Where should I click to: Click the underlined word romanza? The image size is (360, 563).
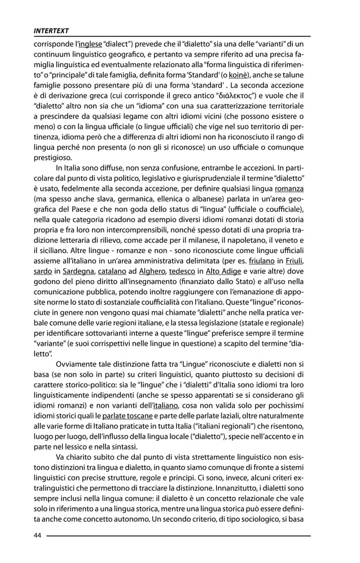[289, 190]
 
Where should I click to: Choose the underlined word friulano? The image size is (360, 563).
[261, 261]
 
